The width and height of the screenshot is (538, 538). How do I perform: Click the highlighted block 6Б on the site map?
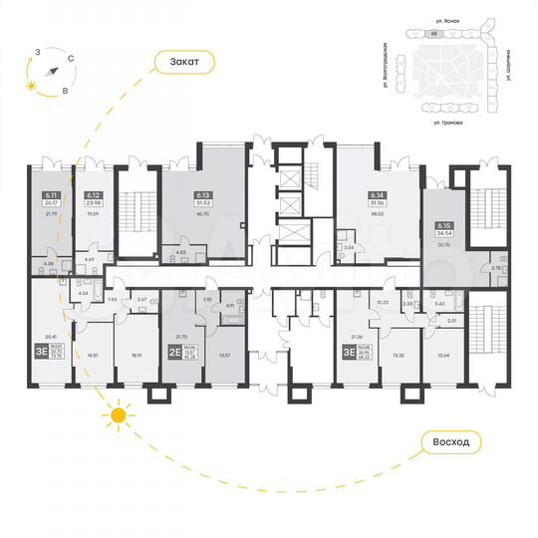433,33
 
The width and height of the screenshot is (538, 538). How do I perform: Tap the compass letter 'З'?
36,50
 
